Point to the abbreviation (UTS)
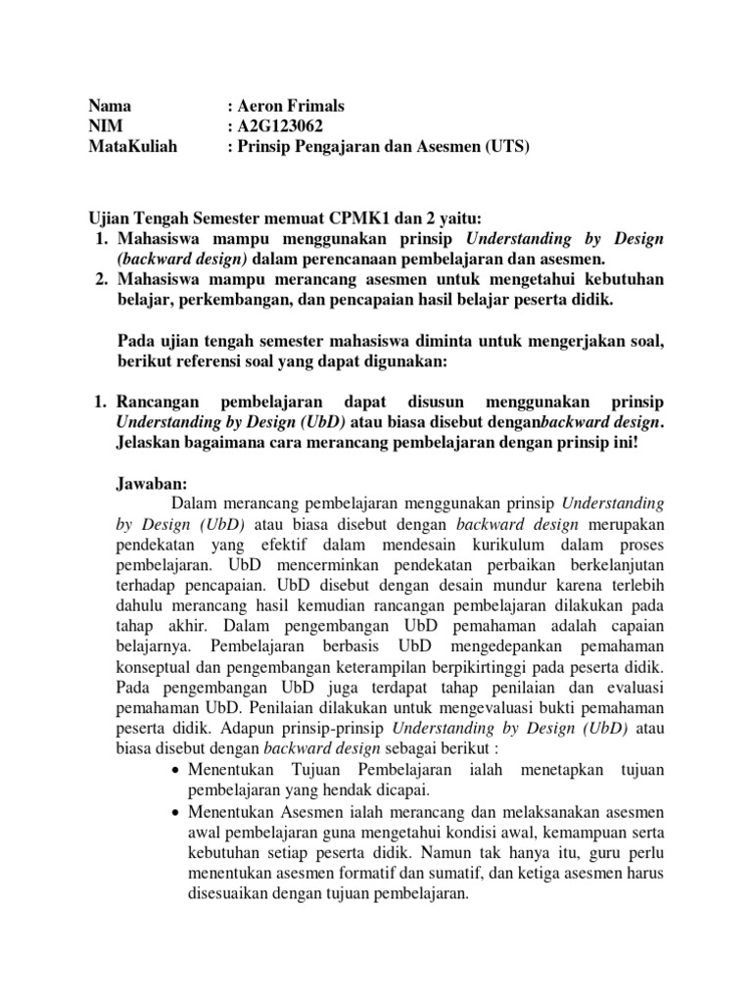pyautogui.click(x=506, y=148)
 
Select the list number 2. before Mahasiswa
pyautogui.click(x=99, y=279)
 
